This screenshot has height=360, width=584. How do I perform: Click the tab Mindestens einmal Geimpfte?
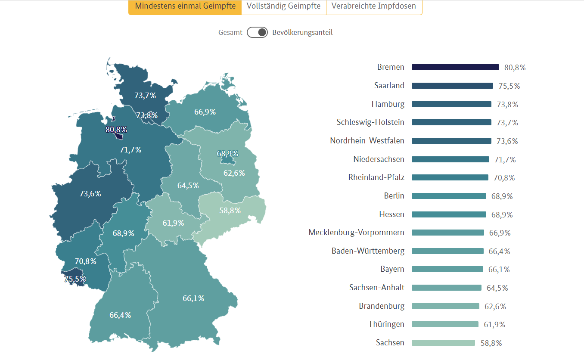[185, 6]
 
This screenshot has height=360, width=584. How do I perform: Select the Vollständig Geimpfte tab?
[283, 6]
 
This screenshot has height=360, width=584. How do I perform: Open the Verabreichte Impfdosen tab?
[374, 6]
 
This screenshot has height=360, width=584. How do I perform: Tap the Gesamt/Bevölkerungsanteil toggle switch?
[257, 32]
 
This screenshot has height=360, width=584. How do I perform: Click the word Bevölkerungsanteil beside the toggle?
[302, 32]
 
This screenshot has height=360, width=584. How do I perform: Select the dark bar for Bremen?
[455, 67]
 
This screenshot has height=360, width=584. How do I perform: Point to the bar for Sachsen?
[443, 343]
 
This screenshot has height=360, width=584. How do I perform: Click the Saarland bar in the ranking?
[452, 86]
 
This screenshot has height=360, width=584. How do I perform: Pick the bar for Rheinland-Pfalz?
[450, 177]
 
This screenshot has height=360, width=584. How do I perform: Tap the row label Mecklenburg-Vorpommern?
[356, 233]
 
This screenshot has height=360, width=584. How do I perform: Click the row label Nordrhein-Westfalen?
[367, 141]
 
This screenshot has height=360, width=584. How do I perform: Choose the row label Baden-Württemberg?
[368, 251]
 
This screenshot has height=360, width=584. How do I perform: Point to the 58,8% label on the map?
[230, 211]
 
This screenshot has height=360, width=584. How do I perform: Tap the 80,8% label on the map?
[116, 129]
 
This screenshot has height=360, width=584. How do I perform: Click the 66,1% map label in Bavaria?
[193, 298]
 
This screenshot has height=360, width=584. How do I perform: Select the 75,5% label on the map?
[75, 279]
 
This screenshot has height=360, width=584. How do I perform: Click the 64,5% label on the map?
[188, 186]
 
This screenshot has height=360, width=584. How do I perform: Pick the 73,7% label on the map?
[145, 96]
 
